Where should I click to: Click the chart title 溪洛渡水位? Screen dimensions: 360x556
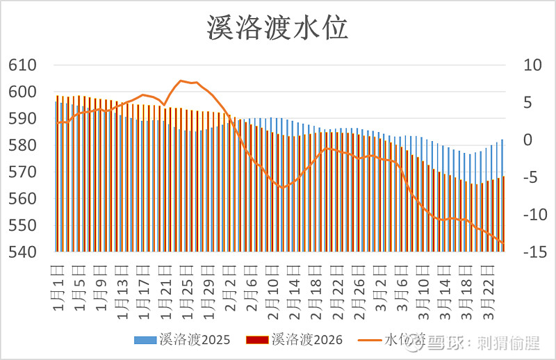[x=277, y=28]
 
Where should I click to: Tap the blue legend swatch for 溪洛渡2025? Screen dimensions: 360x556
[x=146, y=340]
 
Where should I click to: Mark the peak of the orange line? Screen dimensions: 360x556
[x=181, y=81]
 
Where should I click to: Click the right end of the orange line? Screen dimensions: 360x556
[x=503, y=243]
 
